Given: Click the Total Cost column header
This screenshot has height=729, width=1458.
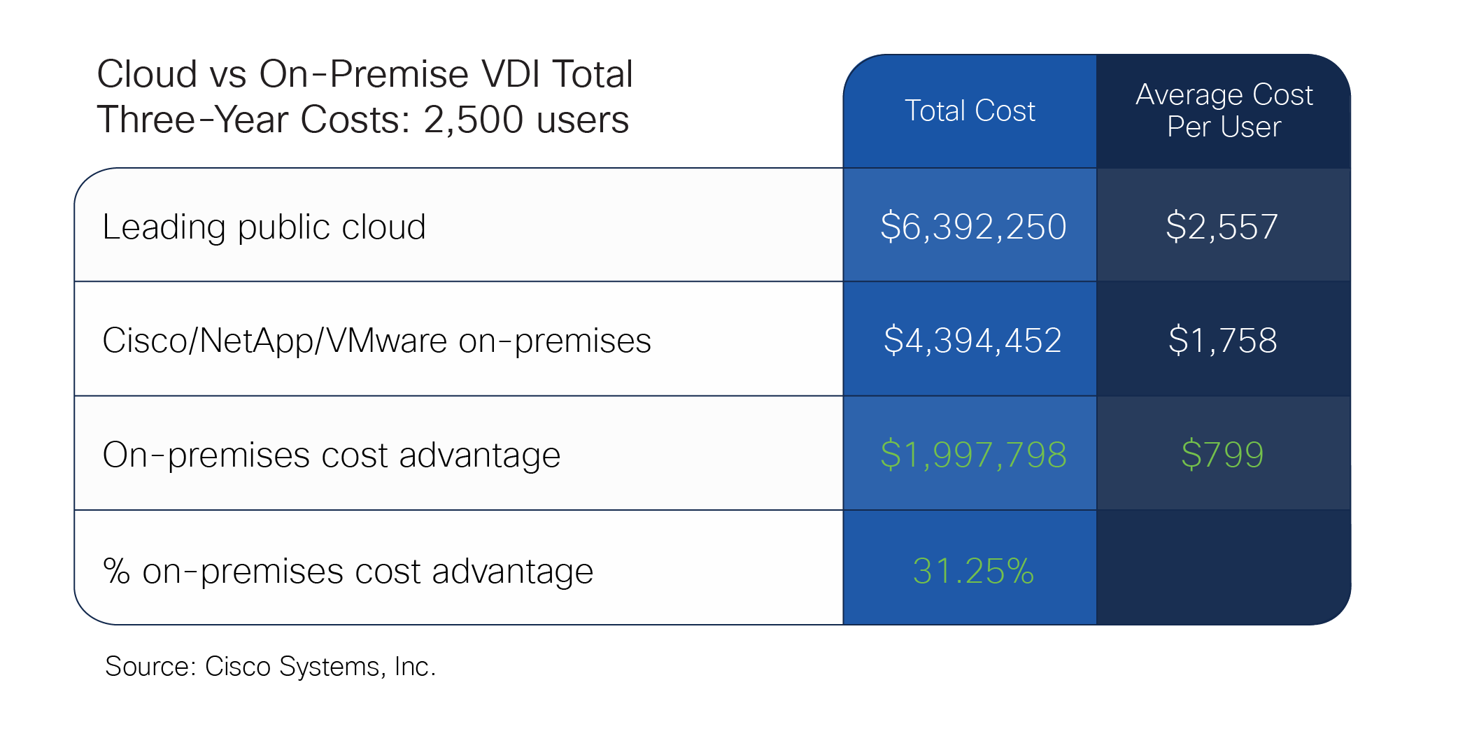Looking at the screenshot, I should pyautogui.click(x=970, y=111).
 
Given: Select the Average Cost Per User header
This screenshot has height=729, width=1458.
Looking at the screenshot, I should pyautogui.click(x=1224, y=111).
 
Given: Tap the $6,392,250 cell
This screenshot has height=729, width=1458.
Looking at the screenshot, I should pyautogui.click(x=972, y=227).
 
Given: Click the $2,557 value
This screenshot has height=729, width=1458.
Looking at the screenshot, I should pyautogui.click(x=1222, y=227).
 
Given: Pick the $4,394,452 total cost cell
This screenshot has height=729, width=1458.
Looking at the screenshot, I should pyautogui.click(x=972, y=341).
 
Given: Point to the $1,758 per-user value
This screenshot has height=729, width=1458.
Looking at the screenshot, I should pyautogui.click(x=1222, y=341).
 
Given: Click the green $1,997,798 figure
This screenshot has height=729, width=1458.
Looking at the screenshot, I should pyautogui.click(x=973, y=455).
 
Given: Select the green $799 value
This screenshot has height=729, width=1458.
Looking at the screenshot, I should pyautogui.click(x=1222, y=455).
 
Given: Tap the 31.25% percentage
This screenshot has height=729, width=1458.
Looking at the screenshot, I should pyautogui.click(x=973, y=571).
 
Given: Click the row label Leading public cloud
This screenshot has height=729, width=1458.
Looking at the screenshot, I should pyautogui.click(x=264, y=227).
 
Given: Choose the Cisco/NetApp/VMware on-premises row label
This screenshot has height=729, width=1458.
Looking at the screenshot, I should pyautogui.click(x=376, y=341).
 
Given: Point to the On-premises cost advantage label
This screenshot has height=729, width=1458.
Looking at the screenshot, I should pyautogui.click(x=331, y=455).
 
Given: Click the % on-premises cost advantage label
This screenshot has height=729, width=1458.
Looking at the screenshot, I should pyautogui.click(x=348, y=571).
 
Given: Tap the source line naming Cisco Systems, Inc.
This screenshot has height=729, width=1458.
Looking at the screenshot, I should pyautogui.click(x=270, y=666).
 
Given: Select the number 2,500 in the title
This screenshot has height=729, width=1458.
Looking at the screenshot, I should pyautogui.click(x=473, y=120).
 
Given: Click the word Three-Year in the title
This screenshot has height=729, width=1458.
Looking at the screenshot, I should pyautogui.click(x=192, y=120).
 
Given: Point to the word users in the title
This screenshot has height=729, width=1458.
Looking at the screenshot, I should pyautogui.click(x=583, y=120).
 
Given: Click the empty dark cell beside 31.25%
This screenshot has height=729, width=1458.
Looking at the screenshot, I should pyautogui.click(x=1223, y=567).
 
